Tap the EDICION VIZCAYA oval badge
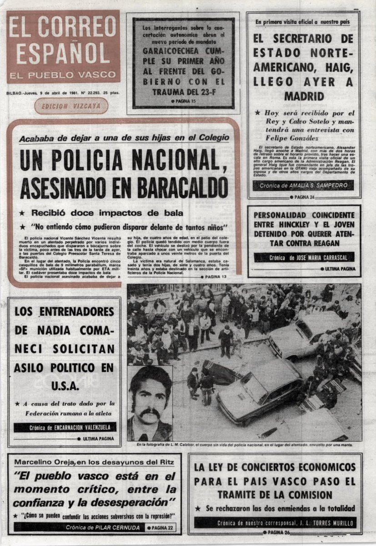tap(71, 106)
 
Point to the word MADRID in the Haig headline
tap(304, 96)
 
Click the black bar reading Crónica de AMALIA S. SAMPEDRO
tap(303, 186)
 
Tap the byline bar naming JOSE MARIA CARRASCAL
tap(304, 258)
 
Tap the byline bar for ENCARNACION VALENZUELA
tap(65, 427)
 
